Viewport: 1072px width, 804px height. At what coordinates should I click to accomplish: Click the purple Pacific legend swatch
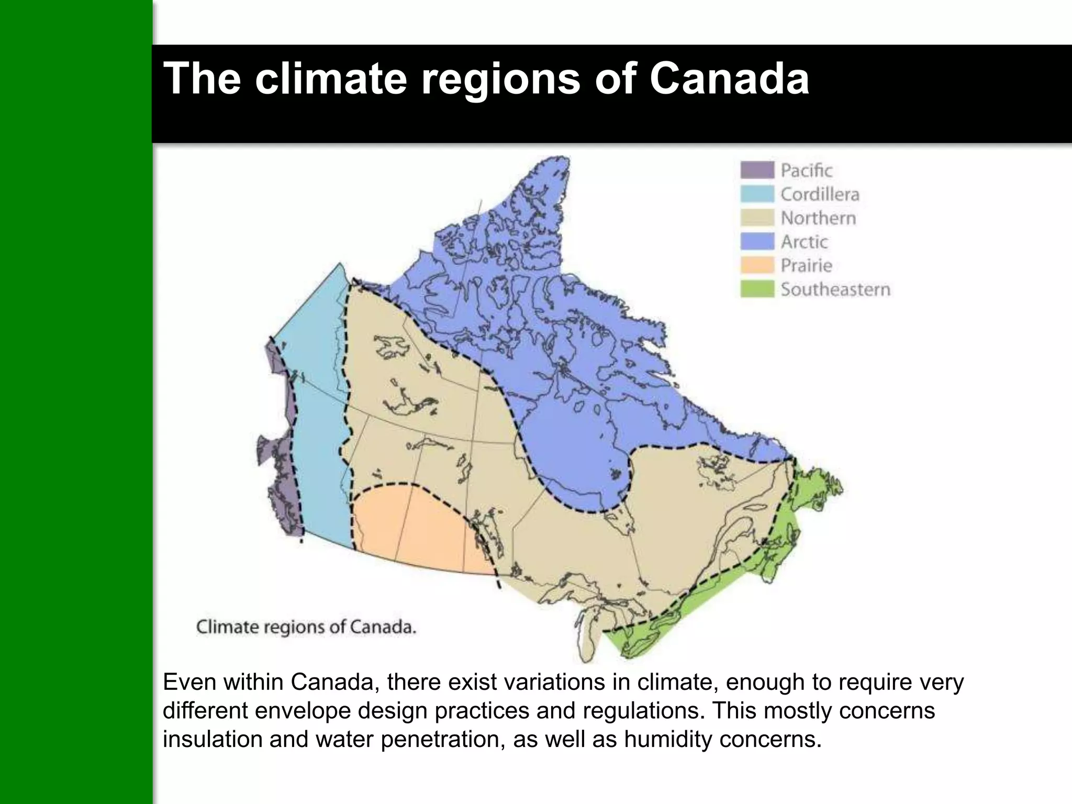click(757, 170)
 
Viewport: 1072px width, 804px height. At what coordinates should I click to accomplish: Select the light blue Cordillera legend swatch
click(757, 194)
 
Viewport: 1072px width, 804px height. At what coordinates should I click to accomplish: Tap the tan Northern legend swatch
click(757, 218)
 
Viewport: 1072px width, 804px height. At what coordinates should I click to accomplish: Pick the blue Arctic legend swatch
click(757, 241)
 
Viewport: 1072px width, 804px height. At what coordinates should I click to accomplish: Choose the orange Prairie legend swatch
click(757, 265)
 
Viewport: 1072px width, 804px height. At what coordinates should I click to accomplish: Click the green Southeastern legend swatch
click(757, 289)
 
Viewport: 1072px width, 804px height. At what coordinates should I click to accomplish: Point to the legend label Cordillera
click(820, 194)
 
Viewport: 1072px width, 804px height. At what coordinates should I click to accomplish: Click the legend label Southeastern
click(835, 289)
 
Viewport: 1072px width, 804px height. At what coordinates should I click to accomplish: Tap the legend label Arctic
click(804, 241)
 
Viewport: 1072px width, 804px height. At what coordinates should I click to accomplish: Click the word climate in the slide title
click(331, 79)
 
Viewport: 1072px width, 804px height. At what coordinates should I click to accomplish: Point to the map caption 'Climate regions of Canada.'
click(306, 627)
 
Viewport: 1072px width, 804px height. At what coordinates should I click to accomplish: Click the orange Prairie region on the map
click(414, 529)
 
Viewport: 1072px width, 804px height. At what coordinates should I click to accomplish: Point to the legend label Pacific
click(806, 170)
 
